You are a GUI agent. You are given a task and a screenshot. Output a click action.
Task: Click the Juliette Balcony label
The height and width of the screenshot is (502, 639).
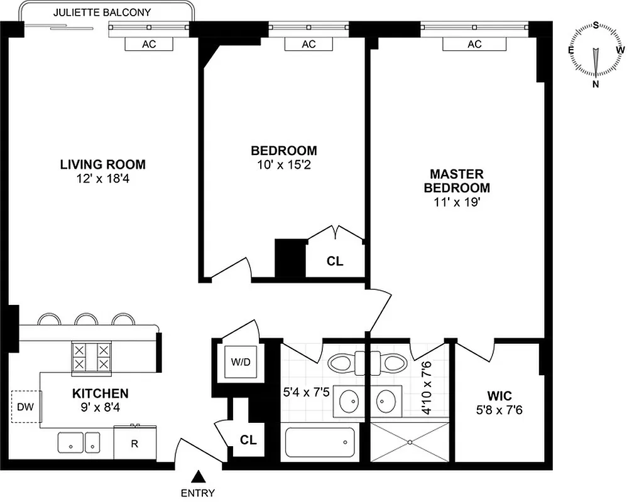102,12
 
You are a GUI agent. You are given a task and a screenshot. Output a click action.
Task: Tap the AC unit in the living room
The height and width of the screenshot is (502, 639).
149,44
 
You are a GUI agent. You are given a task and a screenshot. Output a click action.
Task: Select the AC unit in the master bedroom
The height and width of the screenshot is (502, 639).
474,44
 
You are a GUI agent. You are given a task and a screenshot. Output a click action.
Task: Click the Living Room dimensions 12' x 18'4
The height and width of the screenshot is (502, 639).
102,179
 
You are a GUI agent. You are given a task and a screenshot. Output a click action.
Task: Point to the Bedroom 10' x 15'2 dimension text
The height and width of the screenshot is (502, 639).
284,165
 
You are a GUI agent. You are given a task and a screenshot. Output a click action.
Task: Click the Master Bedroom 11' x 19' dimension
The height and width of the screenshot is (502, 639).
457,202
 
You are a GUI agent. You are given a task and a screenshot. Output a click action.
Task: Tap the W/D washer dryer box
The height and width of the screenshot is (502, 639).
241,362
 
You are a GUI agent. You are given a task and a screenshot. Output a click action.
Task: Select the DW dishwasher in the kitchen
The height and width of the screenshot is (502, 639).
26,407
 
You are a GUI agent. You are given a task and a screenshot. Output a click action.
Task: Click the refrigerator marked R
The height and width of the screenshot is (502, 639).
134,444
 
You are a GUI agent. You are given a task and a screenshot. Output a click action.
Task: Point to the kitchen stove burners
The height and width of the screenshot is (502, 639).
92,356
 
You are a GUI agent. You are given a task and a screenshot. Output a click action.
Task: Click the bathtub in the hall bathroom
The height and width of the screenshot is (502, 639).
320,442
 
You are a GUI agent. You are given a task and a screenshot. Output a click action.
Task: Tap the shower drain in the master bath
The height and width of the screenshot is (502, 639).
410,442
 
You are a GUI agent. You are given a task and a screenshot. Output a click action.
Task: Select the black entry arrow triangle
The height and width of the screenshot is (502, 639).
198,476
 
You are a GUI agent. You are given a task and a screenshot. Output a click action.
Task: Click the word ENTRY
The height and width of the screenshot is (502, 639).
198,493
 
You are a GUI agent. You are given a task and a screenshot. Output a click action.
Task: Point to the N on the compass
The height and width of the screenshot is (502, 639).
596,84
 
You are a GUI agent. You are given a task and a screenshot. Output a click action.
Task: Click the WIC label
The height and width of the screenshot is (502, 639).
500,396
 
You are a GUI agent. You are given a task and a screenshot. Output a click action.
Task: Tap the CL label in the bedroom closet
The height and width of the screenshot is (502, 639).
335,261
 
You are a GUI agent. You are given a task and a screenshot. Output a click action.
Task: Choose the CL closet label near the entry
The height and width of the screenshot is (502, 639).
248,440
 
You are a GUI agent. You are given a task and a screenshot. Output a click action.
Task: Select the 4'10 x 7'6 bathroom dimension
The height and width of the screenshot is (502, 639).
426,388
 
